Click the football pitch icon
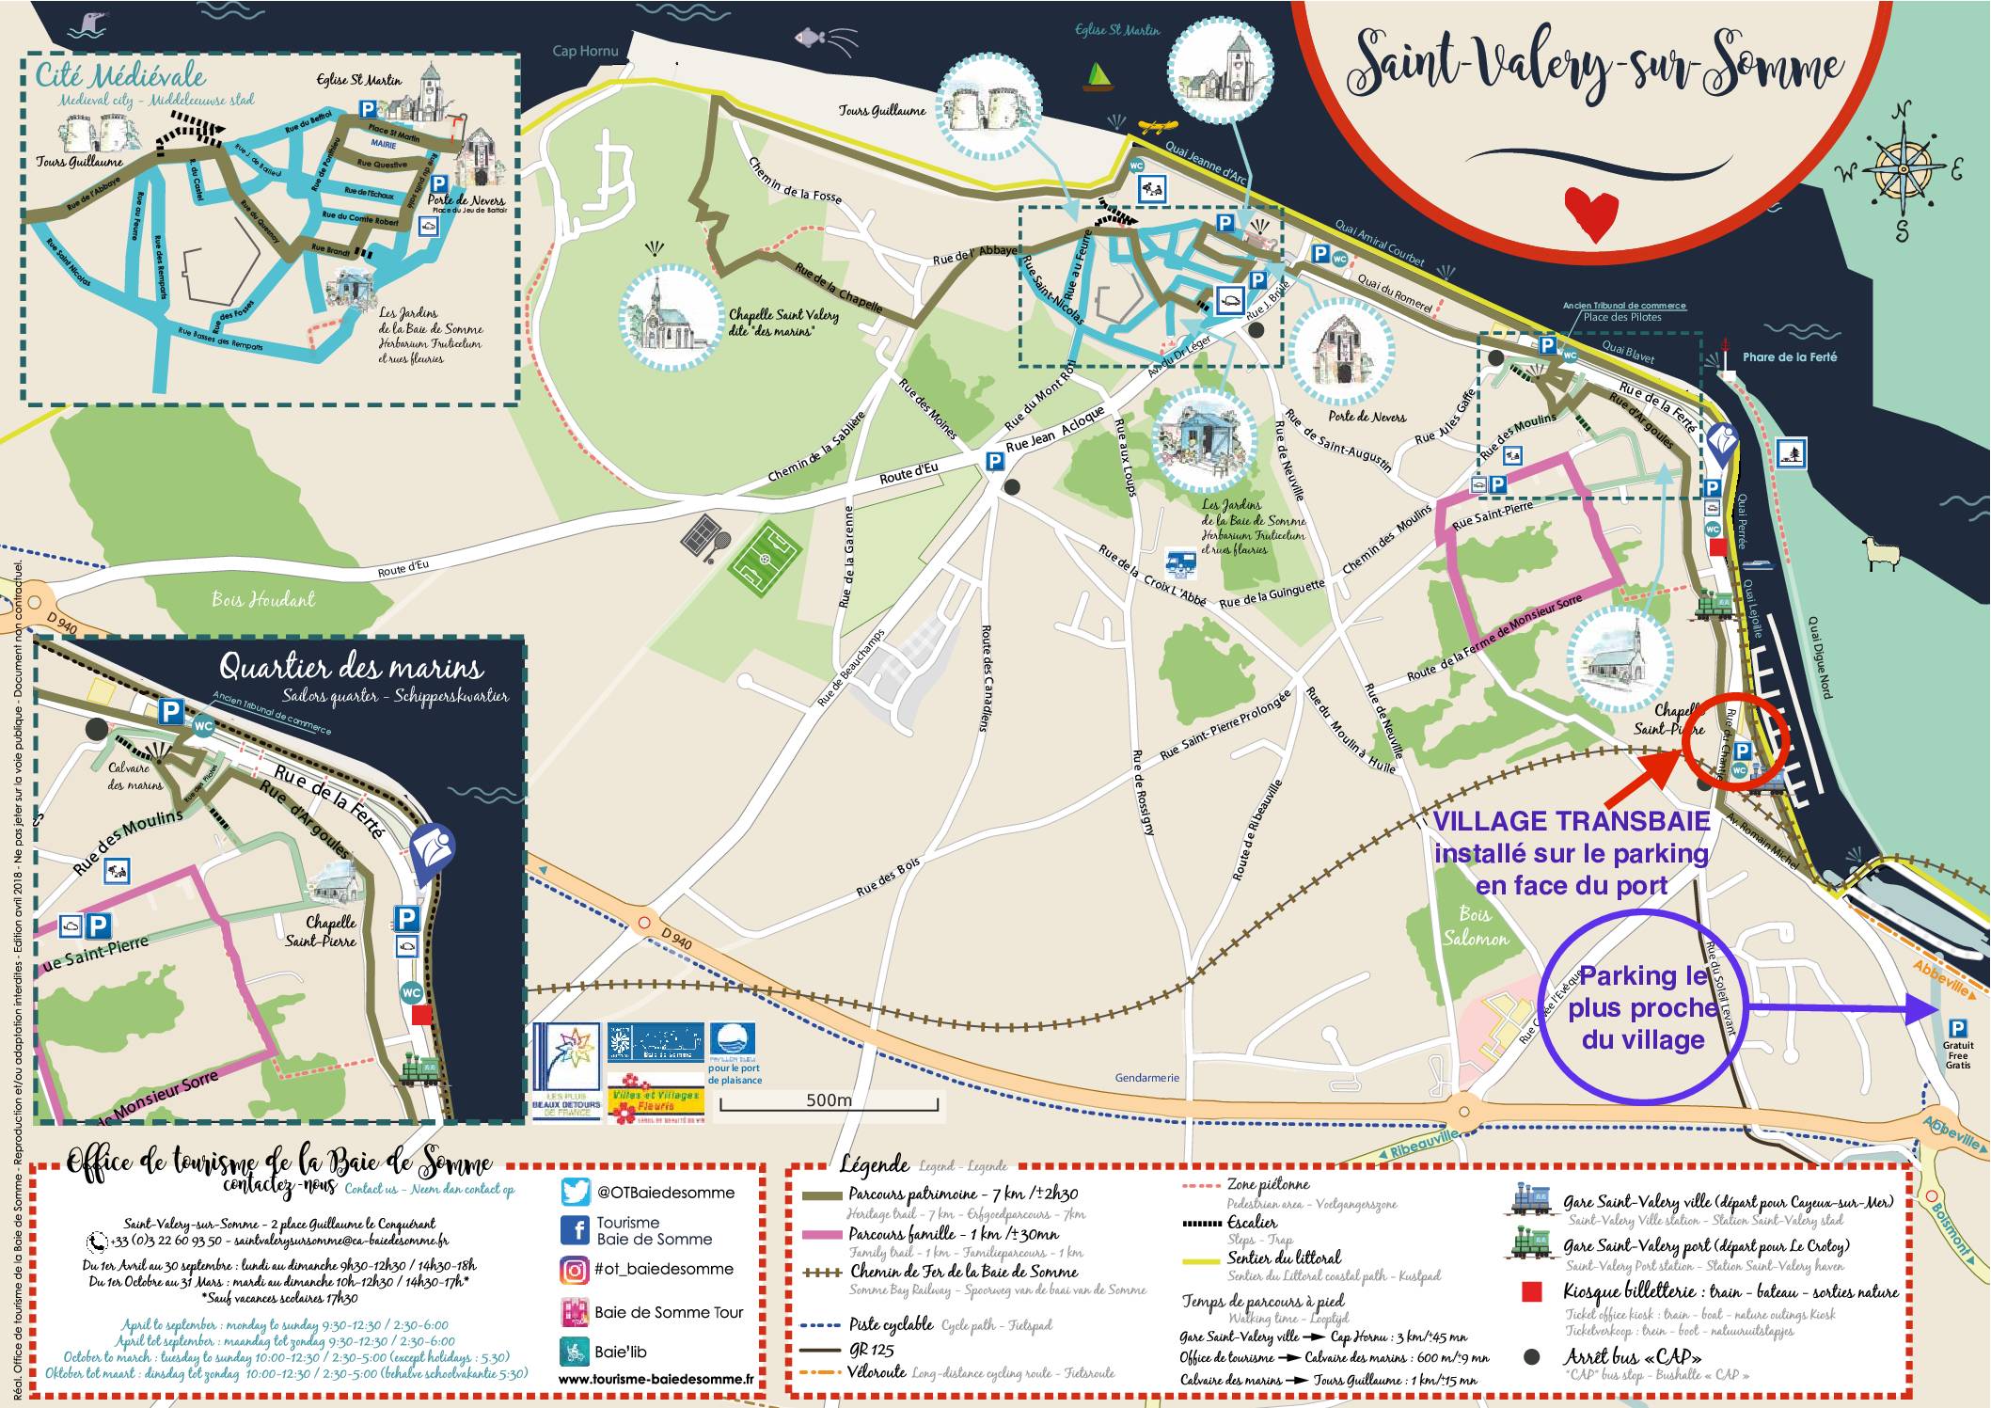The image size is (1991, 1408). [765, 559]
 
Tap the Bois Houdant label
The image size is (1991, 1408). [263, 599]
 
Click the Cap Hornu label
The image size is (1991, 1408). [585, 51]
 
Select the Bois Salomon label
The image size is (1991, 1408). [1475, 926]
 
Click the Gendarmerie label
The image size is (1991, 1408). [1146, 1078]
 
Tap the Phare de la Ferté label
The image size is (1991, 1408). [1789, 357]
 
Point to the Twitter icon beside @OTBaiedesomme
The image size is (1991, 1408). [575, 1192]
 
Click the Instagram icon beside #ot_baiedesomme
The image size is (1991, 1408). [575, 1270]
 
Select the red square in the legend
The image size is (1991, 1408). [1531, 1292]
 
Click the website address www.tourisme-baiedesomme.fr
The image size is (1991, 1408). [656, 1380]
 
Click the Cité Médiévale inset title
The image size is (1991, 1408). [120, 75]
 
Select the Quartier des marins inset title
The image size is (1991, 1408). [351, 667]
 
